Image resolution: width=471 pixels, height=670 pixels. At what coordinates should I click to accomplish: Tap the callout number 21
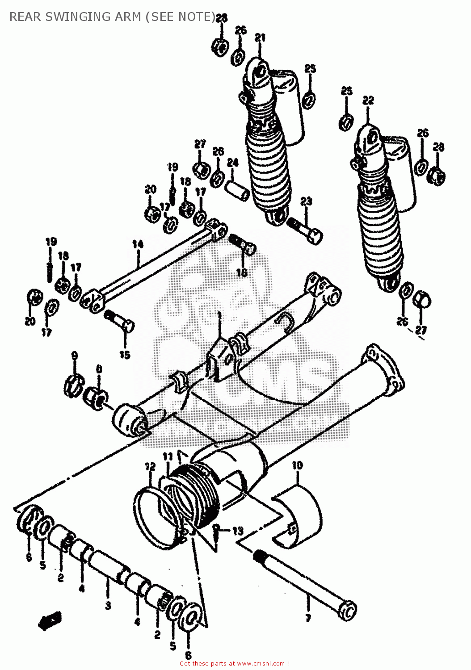click(x=260, y=38)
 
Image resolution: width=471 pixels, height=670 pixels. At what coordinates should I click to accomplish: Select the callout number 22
click(x=368, y=101)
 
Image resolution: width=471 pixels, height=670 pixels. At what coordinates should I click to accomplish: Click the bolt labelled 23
click(x=305, y=228)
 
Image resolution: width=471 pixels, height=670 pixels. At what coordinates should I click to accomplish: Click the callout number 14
click(x=138, y=244)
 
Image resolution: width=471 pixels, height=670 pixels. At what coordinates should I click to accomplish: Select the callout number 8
click(x=99, y=369)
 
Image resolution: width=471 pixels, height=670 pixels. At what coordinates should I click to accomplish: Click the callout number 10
click(x=297, y=465)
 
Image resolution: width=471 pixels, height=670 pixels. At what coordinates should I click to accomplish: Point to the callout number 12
click(x=150, y=467)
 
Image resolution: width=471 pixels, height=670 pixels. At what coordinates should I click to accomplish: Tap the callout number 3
click(x=108, y=606)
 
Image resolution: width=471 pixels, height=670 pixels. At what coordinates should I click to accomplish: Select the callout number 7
click(x=308, y=619)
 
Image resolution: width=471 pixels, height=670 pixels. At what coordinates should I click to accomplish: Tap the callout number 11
click(x=168, y=456)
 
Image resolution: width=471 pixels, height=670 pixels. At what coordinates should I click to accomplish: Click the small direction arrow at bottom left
click(x=50, y=621)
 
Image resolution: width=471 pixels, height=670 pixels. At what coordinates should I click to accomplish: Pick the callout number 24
click(x=233, y=163)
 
